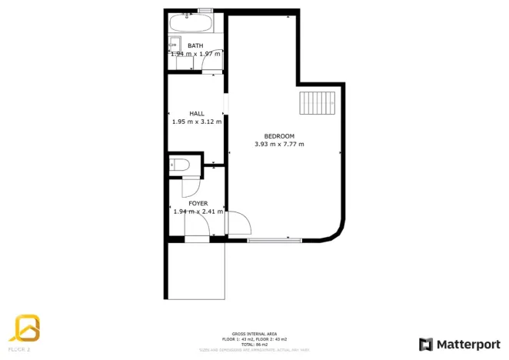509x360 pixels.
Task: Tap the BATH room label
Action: point(195,45)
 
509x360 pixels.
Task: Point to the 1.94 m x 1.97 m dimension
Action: point(195,54)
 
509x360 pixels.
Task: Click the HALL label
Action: point(197,113)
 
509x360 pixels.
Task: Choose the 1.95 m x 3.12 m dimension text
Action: point(197,122)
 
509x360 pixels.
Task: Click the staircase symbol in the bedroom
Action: point(318,102)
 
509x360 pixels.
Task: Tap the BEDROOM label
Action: point(279,136)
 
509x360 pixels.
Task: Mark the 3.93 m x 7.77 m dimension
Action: point(279,144)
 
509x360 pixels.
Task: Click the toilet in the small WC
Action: point(182,164)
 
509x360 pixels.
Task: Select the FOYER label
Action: point(198,203)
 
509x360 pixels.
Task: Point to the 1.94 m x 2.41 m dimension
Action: point(198,212)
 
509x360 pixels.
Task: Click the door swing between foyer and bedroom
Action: point(239,222)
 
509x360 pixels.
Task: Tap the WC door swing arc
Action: point(191,187)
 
